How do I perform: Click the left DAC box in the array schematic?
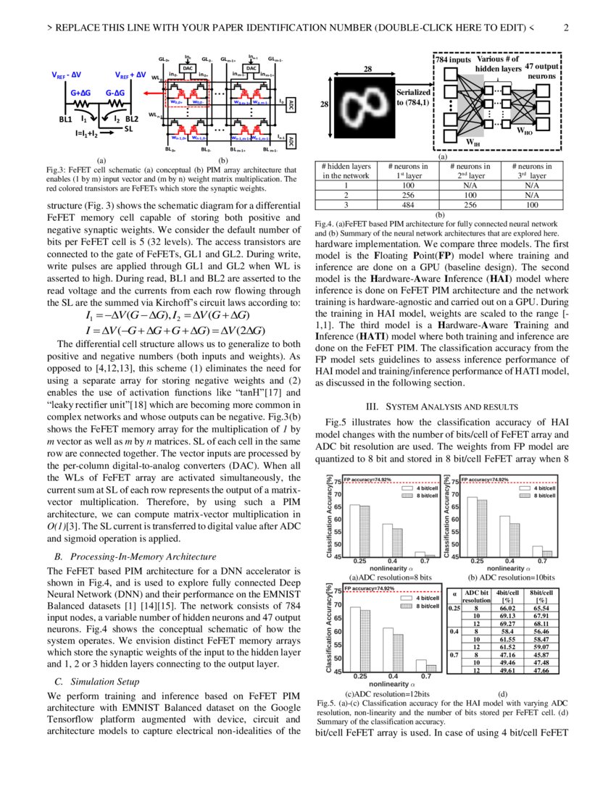(187, 68)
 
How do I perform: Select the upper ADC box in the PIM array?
(291, 106)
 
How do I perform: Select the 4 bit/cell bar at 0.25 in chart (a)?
(355, 530)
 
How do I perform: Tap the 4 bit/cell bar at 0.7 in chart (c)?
(420, 665)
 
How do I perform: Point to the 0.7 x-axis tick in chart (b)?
(542, 562)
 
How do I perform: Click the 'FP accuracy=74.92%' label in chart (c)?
(368, 588)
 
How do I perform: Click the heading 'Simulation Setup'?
(96, 683)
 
